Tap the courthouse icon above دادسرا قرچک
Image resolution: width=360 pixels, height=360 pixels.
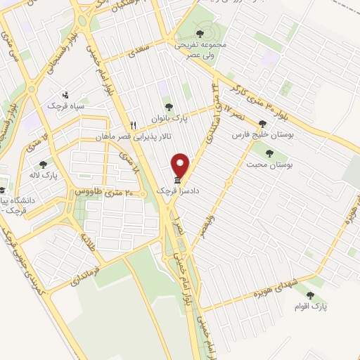pyautogui.click(x=176, y=181)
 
